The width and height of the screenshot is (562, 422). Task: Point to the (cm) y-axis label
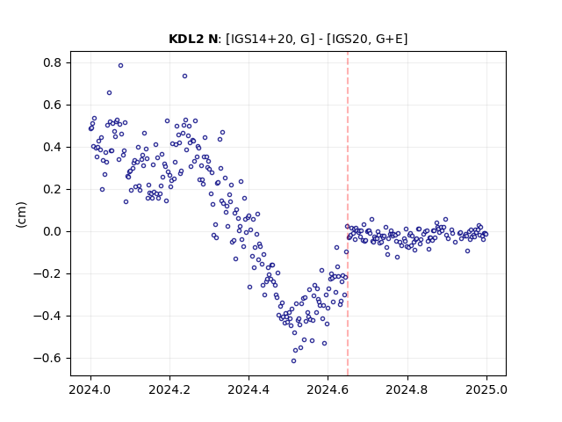pos(21,215)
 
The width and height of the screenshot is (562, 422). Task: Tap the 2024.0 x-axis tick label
pos(90,389)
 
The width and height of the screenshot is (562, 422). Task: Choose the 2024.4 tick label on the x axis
pos(249,389)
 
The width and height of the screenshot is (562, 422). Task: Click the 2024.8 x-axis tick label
pos(407,389)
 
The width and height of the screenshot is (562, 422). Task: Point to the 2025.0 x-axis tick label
pos(486,389)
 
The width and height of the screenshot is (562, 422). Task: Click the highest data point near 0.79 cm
pos(121,65)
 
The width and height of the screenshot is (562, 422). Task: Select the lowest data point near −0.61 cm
pos(293,360)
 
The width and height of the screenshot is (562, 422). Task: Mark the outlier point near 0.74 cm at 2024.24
pos(184,76)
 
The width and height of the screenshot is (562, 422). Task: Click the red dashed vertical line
pos(348,214)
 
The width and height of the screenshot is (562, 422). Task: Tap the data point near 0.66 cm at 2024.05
pos(109,92)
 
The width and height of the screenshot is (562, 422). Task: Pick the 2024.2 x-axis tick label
pos(169,389)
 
